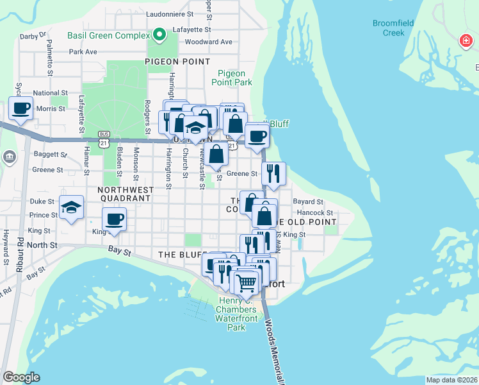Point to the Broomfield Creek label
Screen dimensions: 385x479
click(x=393, y=28)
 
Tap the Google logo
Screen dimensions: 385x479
click(x=21, y=377)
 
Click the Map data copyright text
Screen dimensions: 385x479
click(x=451, y=380)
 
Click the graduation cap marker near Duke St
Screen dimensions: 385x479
click(x=71, y=207)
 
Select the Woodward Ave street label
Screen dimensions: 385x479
click(x=208, y=42)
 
